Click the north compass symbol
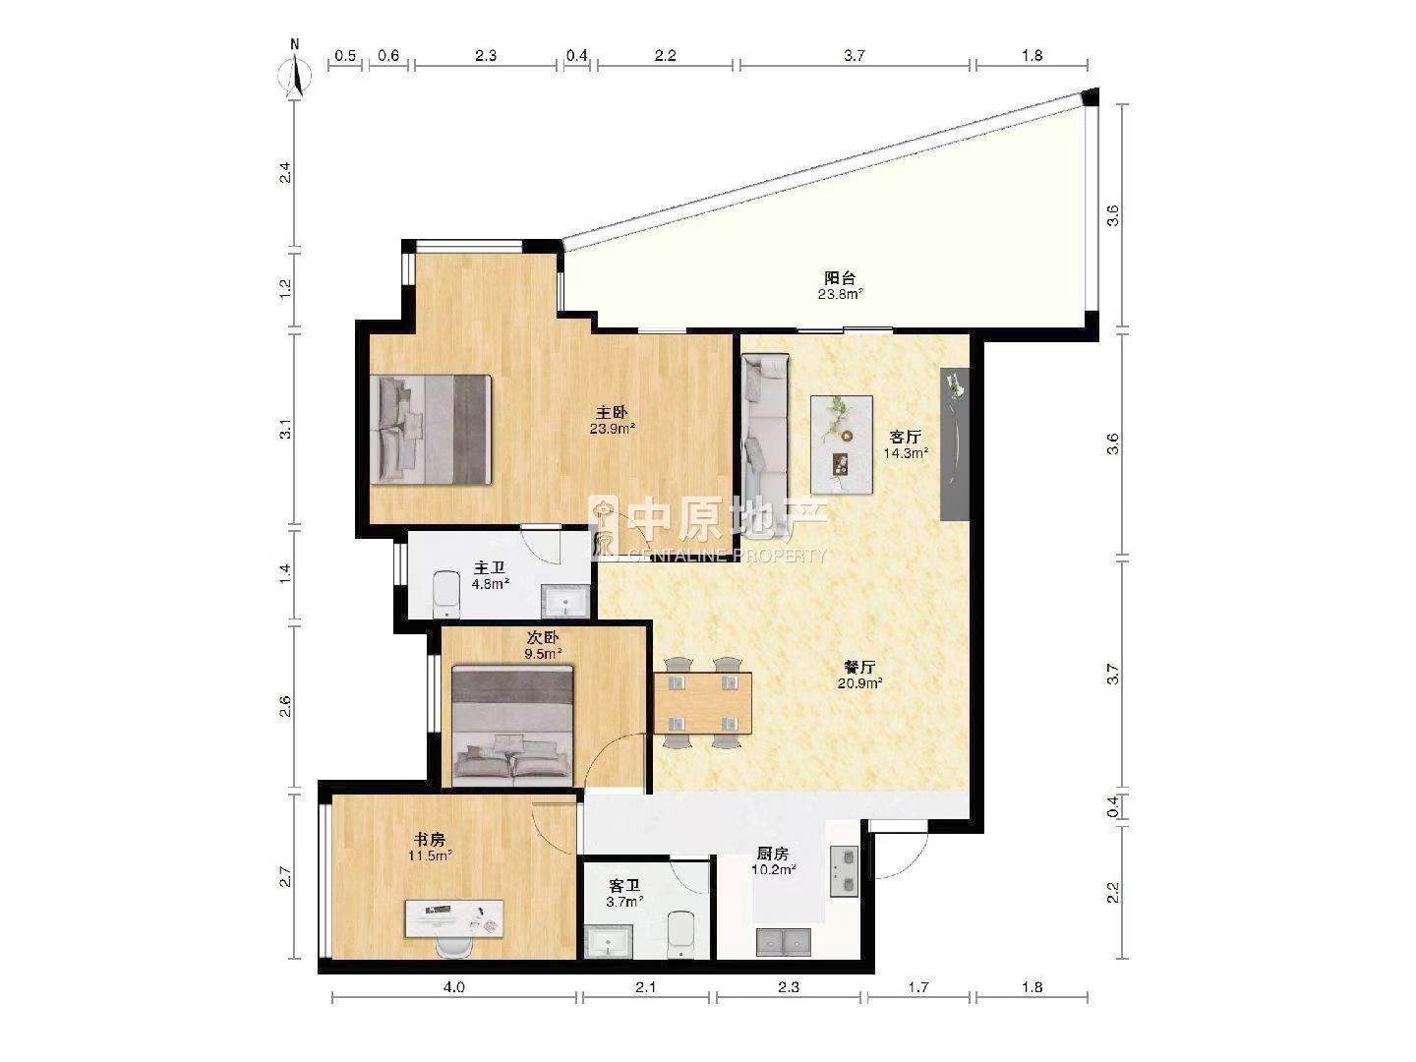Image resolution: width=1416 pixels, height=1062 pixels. tap(295, 73)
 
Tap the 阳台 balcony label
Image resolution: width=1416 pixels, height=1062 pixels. tap(840, 278)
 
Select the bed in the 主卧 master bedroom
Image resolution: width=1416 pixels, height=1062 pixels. tap(431, 430)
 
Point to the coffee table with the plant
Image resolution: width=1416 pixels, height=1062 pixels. tap(841, 444)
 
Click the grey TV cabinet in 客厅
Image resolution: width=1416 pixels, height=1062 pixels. tap(955, 444)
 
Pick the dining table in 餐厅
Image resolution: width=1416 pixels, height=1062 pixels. tap(702, 703)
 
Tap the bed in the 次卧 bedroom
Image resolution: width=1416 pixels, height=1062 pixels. tap(513, 726)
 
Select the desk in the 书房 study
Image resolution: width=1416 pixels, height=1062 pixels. tap(453, 919)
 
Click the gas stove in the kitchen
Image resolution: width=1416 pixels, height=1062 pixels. tap(843, 870)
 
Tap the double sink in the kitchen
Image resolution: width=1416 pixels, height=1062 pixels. tap(784, 942)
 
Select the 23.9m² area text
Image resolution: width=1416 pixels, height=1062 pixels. tap(613, 428)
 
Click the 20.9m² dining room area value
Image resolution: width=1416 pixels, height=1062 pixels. tap(859, 682)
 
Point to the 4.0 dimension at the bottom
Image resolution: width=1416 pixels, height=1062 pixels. tap(454, 987)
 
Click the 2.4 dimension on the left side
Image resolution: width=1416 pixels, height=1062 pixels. tap(285, 173)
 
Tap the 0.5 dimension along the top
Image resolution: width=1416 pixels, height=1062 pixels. tap(346, 55)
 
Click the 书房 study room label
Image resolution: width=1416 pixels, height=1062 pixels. tap(430, 839)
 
